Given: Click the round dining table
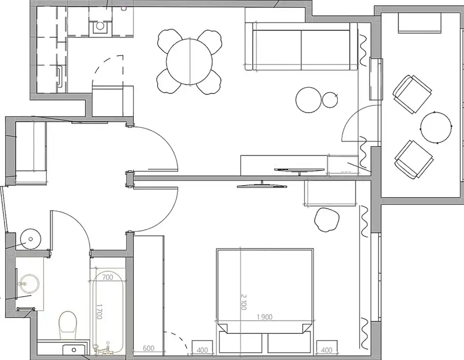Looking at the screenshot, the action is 189,61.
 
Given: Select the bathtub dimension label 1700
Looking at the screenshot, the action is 100,312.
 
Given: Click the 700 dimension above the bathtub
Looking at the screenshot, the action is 107,277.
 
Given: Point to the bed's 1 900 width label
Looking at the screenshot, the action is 264,317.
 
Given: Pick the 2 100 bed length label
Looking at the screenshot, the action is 244,302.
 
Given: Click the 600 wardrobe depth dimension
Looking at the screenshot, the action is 148,348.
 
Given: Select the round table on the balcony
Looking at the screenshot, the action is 436,128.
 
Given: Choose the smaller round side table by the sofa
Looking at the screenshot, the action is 330,100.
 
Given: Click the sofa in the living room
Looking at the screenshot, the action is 302,47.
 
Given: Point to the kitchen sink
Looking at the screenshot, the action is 101,26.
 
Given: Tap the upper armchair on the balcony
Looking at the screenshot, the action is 412,94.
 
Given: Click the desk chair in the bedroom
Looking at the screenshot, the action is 327,219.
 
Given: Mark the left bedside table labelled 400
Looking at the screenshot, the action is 203,347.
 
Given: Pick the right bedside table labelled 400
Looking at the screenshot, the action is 327,347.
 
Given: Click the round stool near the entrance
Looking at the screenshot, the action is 30,239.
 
